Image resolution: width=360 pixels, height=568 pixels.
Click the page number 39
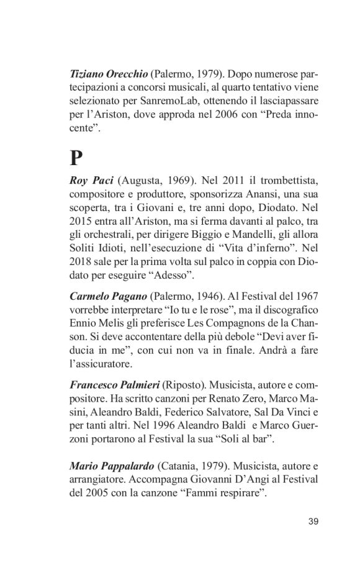[x=313, y=520]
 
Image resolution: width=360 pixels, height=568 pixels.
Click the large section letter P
[x=76, y=158]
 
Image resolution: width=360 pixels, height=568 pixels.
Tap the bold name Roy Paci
[x=91, y=181]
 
